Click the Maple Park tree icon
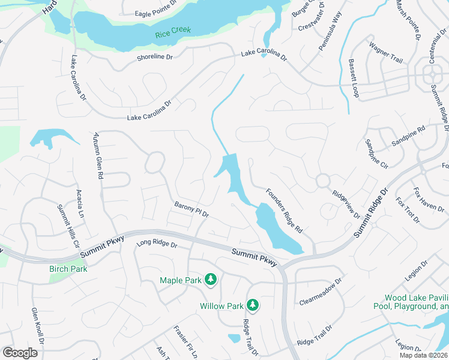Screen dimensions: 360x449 click(x=211, y=279)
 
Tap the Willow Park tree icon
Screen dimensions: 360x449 click(x=253, y=305)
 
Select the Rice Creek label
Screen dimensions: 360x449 click(x=170, y=35)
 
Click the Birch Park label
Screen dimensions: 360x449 click(x=68, y=269)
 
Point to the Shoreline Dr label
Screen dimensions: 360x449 click(x=155, y=56)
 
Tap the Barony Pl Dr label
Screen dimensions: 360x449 click(x=191, y=209)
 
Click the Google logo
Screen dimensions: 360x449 click(x=20, y=353)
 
